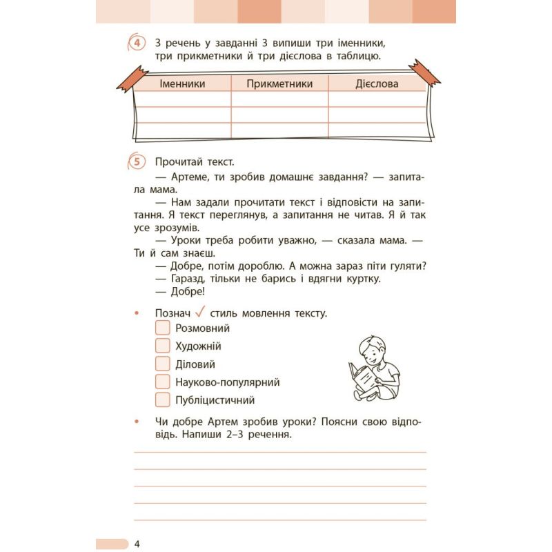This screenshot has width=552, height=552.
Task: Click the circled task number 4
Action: pos(137,44)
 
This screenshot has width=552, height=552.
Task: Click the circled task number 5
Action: pos(137,162)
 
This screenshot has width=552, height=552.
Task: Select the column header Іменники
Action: pos(182,83)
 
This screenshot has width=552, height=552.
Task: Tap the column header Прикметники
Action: pos(279,83)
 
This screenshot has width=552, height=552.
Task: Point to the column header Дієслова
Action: pos(377,83)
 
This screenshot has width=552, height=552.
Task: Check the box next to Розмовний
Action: pos(163,328)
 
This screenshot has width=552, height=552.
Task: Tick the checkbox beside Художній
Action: pos(163,346)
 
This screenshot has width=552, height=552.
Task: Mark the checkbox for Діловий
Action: pos(163,364)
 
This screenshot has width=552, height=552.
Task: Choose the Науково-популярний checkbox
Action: pos(163,382)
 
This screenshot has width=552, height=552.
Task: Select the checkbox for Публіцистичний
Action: pos(163,400)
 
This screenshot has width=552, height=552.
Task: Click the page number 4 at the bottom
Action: pos(138,544)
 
